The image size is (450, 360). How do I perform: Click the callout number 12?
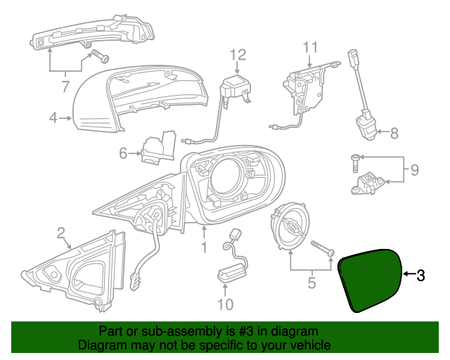tap(238, 55)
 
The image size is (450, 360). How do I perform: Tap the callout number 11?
tap(311, 48)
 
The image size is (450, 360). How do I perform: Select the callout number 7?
tap(65, 87)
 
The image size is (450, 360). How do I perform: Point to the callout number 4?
tap(53, 118)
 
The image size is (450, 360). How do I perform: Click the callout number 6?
tap(123, 153)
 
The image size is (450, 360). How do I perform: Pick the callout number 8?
tap(394, 131)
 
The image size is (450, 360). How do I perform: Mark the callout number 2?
tap(61, 232)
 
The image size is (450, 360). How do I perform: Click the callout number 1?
tap(204, 247)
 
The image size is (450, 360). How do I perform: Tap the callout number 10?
tap(225, 304)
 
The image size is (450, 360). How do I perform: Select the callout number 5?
tap(311, 285)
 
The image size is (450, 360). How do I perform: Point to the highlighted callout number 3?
tap(421, 276)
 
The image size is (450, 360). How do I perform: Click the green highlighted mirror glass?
tap(370, 279)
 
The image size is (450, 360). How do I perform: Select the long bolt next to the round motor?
tap(321, 246)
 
